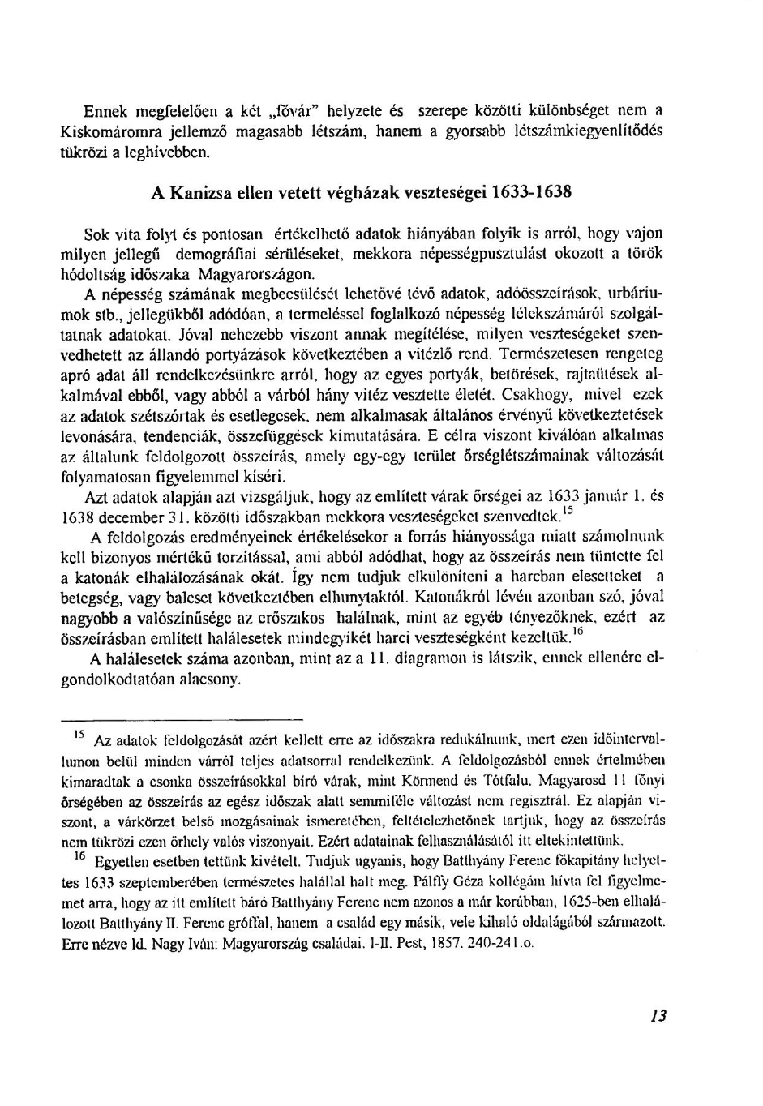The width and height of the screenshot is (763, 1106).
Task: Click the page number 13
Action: pos(658,1015)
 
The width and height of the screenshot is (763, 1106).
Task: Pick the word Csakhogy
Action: pos(535,394)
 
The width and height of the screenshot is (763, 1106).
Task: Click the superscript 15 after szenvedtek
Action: pos(567,511)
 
